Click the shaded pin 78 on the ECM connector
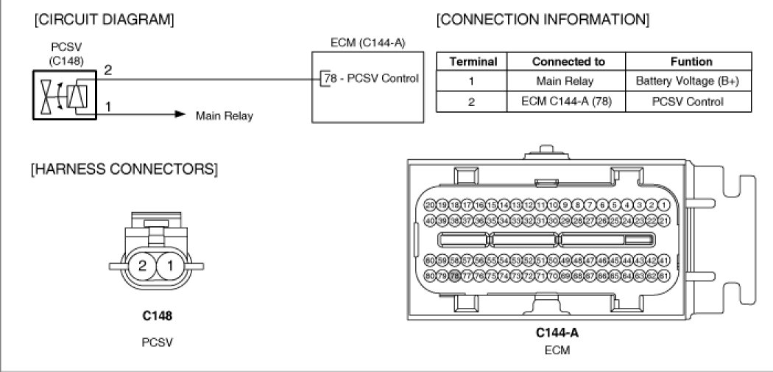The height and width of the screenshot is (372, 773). pyautogui.click(x=455, y=276)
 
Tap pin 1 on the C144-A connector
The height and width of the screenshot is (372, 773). pyautogui.click(x=663, y=206)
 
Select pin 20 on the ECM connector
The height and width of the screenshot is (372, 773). pyautogui.click(x=431, y=206)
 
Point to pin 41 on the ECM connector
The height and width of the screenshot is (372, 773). pyautogui.click(x=663, y=261)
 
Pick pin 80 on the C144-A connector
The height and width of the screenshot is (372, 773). pyautogui.click(x=431, y=276)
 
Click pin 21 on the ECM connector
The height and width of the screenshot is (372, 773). pyautogui.click(x=663, y=220)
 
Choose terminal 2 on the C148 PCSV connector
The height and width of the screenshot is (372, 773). pyautogui.click(x=144, y=265)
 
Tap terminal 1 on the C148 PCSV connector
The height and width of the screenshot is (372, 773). pyautogui.click(x=169, y=265)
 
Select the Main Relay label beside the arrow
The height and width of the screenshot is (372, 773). pyautogui.click(x=224, y=116)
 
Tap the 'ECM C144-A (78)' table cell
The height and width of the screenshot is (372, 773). pyautogui.click(x=568, y=102)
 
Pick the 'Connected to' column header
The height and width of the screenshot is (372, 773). pyautogui.click(x=568, y=62)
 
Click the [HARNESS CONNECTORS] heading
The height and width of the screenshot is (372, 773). pyautogui.click(x=124, y=169)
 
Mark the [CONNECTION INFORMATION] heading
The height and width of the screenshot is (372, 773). pyautogui.click(x=543, y=18)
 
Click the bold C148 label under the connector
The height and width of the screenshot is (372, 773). pyautogui.click(x=157, y=317)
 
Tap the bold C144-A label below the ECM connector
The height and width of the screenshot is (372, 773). pyautogui.click(x=557, y=332)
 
